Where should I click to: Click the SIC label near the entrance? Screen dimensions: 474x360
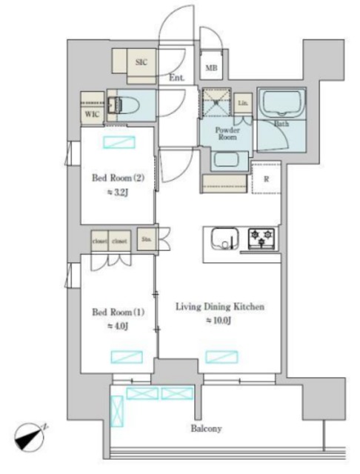141,62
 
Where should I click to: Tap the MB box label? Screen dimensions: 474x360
211,69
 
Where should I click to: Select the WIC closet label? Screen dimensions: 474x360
92,114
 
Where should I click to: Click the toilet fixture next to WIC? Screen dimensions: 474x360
119,105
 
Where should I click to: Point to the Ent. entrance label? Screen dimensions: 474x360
176,78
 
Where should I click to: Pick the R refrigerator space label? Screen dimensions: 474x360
265,178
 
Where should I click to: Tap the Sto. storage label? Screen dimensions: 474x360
146,239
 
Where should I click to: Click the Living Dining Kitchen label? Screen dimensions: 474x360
220,307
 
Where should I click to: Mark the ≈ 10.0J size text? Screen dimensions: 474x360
220,321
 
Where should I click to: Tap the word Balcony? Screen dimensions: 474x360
206,428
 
